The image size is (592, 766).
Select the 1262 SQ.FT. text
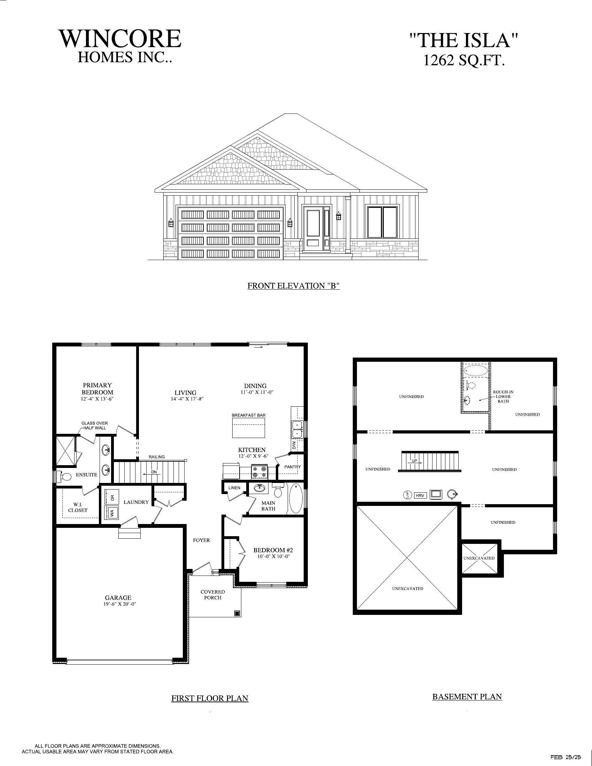point(464,61)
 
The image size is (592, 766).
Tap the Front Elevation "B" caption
point(294,286)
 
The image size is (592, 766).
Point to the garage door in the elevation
point(231,233)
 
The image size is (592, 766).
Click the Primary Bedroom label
point(97,389)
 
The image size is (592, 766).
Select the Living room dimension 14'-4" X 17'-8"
point(186,399)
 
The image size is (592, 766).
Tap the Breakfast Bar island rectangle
point(249,428)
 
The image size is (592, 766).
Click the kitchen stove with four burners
point(259,472)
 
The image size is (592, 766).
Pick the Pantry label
point(293,467)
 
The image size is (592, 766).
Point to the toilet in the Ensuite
point(65,476)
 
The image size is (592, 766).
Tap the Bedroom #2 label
point(273,550)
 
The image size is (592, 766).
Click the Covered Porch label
point(212,594)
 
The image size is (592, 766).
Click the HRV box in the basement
point(420,495)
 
